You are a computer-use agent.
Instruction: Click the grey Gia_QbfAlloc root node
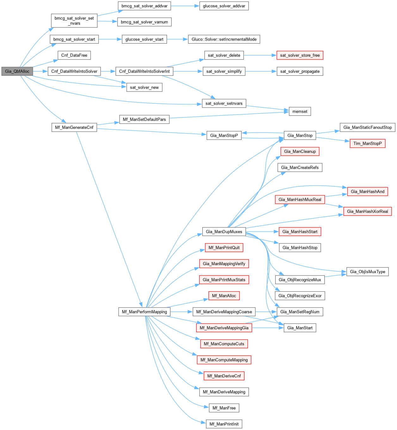pos(17,71)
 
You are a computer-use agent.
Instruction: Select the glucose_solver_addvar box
pos(224,6)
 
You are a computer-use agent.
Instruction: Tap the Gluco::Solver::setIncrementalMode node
pos(224,39)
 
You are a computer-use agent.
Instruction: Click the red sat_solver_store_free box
pos(300,55)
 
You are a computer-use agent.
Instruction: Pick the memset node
pos(300,111)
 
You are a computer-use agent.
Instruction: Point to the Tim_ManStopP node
pos(367,143)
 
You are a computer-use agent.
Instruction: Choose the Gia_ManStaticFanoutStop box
pos(367,127)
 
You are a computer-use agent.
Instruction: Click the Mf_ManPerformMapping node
pos(144,312)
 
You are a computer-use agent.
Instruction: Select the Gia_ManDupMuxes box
pos(224,232)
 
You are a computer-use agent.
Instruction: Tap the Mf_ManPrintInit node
pos(224,424)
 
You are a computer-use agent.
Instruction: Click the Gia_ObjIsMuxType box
pos(367,271)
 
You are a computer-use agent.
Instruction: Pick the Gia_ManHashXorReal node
pos(367,211)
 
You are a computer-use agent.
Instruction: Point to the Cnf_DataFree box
pos(74,55)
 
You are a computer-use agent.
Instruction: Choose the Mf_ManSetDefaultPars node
pos(144,119)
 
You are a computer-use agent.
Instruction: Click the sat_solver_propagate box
pos(300,71)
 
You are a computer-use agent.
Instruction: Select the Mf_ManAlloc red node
pos(224,296)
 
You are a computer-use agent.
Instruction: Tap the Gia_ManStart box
pos(300,328)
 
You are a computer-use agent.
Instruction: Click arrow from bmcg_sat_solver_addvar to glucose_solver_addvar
pos(185,6)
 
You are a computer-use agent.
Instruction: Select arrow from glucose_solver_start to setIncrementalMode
pos(177,39)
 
